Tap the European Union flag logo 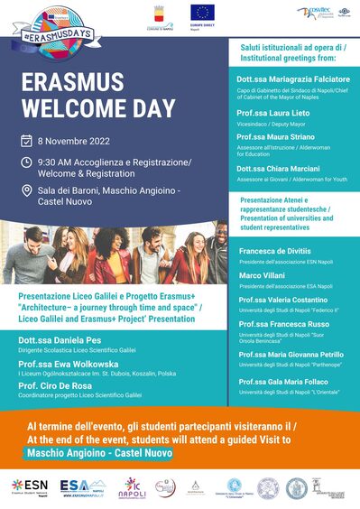pyautogui.click(x=202, y=13)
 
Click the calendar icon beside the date pyautogui.click(x=27, y=141)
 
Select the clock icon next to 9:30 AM pyautogui.click(x=27, y=163)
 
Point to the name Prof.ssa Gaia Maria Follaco pyautogui.click(x=284, y=382)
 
